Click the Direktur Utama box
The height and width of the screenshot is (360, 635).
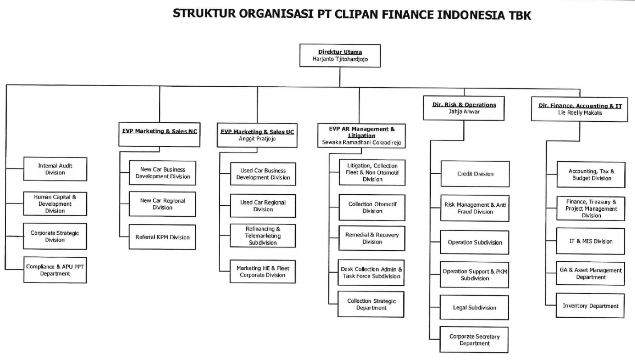click(340, 55)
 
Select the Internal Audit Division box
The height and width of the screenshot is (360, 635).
click(55, 169)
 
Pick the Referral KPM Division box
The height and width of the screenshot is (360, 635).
click(162, 237)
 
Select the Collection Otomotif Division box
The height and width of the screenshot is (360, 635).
click(372, 207)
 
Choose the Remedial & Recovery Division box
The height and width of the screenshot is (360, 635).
click(372, 238)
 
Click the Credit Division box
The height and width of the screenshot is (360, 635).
click(475, 174)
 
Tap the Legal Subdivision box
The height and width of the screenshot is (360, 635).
click(474, 308)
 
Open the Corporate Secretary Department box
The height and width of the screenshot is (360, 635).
click(474, 340)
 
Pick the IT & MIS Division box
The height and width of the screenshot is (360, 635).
click(591, 241)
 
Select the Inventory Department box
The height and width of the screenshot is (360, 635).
click(591, 306)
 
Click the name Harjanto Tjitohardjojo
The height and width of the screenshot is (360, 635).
click(340, 58)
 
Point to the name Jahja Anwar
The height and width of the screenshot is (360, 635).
click(464, 112)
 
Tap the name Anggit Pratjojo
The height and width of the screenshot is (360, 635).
click(257, 138)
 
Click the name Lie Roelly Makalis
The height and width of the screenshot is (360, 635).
click(579, 112)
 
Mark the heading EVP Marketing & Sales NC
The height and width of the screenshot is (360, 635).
click(160, 131)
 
